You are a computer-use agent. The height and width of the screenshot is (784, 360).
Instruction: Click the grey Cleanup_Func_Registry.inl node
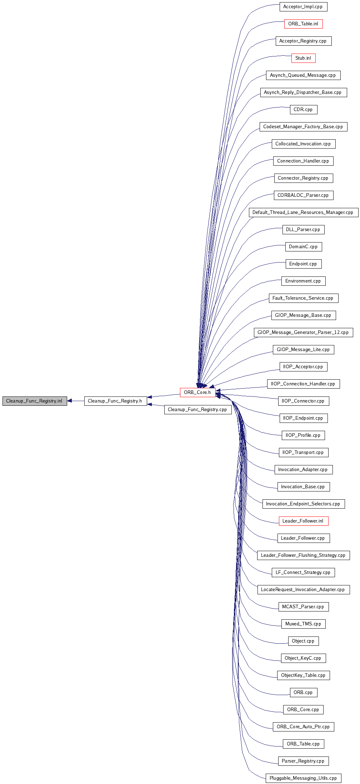coord(34,401)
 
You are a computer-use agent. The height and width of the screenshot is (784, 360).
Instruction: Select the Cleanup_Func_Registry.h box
coord(115,401)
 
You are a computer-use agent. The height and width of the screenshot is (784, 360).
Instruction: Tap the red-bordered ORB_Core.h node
coord(197,392)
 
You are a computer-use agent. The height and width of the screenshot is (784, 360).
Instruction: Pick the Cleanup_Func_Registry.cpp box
coord(197,409)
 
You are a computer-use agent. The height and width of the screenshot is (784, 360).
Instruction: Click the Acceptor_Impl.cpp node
coord(303,6)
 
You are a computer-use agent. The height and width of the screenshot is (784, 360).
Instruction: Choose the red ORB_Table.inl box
coord(303,24)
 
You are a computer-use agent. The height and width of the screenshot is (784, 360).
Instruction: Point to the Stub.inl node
coord(303,58)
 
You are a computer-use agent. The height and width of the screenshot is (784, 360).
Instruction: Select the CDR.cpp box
coord(303,109)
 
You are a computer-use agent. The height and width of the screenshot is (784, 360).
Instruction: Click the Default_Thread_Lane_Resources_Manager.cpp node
coord(303,212)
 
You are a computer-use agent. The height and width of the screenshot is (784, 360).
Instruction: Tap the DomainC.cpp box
coord(303,246)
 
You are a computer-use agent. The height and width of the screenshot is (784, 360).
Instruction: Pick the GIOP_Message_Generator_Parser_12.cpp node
coord(303,332)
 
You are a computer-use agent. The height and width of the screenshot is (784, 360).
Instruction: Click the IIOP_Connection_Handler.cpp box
coord(303,384)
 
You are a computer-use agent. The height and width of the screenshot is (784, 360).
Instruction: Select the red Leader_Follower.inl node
coord(303,521)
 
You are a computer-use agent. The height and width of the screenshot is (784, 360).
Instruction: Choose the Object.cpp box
coord(303,641)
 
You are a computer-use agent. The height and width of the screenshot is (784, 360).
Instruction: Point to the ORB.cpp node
coord(303,692)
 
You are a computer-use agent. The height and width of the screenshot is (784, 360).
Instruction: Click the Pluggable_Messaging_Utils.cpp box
coord(303,778)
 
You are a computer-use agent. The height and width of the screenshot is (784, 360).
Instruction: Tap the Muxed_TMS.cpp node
coord(303,624)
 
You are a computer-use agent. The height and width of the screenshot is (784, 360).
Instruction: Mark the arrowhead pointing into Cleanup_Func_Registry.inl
coord(70,401)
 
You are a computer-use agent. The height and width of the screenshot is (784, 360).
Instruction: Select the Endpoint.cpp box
coord(303,264)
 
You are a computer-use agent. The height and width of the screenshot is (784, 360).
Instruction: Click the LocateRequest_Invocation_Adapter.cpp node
coord(303,589)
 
